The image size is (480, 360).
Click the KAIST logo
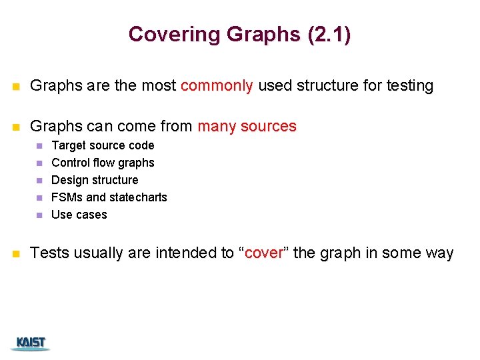point(31,343)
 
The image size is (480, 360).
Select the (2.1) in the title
point(329,34)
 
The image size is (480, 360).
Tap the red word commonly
point(217,85)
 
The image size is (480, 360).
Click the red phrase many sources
point(247,126)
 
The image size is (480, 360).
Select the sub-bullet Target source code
point(103,145)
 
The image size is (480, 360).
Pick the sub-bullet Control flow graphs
point(103,163)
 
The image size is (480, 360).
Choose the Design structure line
point(95,180)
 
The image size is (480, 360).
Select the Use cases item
point(79,215)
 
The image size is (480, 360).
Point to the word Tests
point(49,253)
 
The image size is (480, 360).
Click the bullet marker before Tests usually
point(16,253)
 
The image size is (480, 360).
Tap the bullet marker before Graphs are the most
point(16,86)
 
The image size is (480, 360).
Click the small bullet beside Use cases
point(39,215)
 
